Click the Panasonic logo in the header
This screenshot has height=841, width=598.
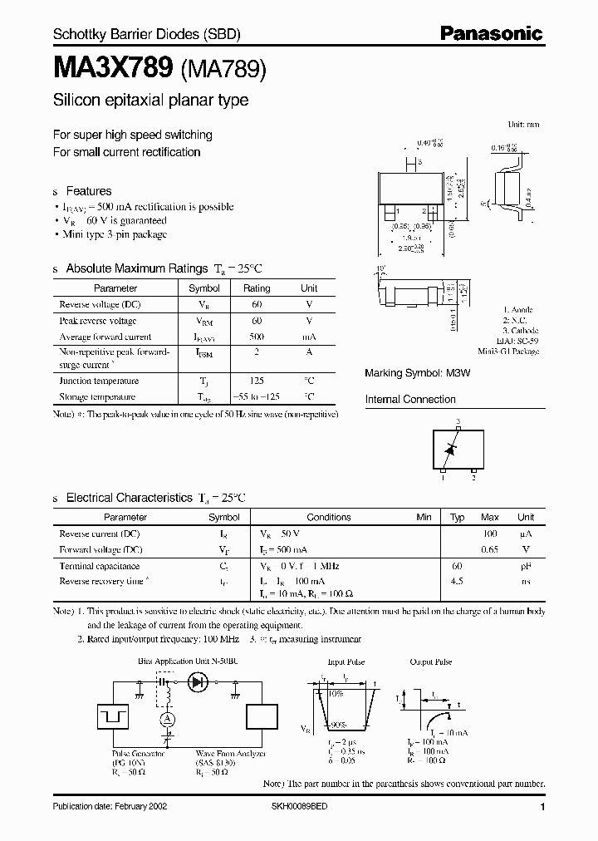click(491, 34)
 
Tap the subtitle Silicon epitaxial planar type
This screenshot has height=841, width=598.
click(150, 101)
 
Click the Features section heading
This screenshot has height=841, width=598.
click(89, 190)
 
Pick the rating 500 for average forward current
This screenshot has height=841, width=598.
click(257, 337)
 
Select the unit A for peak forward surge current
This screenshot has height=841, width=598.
click(309, 352)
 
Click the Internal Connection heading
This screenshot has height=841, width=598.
click(410, 399)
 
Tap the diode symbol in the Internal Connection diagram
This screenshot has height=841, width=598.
click(450, 449)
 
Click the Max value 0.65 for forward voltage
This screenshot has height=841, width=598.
click(490, 549)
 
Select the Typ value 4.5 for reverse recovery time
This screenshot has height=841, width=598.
click(457, 581)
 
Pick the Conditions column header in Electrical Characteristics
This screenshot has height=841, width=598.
click(329, 517)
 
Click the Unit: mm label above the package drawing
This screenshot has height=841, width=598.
click(523, 124)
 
